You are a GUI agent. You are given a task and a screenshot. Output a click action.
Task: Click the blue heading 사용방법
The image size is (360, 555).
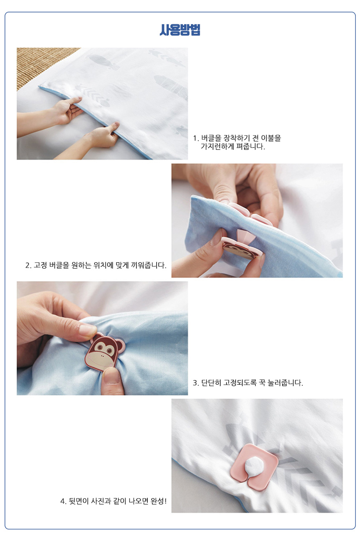(x=180, y=30)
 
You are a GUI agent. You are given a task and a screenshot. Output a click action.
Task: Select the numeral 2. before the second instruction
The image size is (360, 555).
(x=28, y=266)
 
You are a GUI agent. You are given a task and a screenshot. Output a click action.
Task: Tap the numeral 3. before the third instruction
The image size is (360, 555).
(x=196, y=383)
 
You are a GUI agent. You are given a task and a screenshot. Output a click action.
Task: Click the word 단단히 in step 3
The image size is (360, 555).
(x=211, y=383)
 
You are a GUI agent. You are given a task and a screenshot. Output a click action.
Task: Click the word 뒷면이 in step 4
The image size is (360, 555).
(x=79, y=501)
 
